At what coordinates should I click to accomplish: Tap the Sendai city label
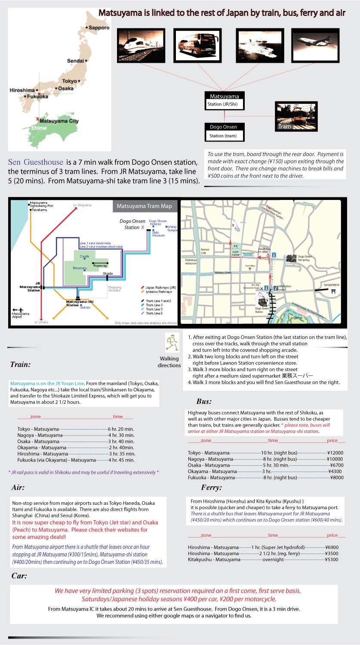pos(76,61)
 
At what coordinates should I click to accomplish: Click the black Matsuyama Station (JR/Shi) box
pos(224,100)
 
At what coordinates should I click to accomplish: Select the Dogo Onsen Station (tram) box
pos(224,132)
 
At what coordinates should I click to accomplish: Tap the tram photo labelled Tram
pos(296,116)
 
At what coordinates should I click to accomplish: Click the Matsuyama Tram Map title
pos(144,206)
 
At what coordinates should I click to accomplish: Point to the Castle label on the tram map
pos(85,256)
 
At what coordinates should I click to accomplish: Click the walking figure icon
pos(172,343)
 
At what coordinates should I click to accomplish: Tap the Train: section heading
pos(20,365)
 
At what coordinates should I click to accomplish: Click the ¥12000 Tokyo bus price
pos(335,453)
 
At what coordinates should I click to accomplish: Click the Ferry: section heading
pos(211,488)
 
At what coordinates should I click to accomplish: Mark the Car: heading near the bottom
pos(19,576)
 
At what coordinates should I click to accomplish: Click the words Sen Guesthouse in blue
pos(36,163)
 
